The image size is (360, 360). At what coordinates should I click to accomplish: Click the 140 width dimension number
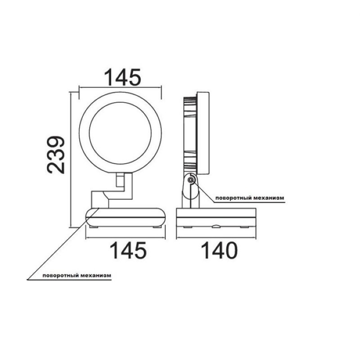point(219,251)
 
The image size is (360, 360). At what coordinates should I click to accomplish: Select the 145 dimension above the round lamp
point(122,77)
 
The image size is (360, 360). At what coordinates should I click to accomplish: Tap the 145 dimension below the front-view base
point(128,251)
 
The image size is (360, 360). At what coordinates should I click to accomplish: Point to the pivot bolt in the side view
point(190,180)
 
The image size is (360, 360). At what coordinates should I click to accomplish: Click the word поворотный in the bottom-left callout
point(60,275)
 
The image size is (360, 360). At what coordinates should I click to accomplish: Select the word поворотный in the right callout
point(232,198)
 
